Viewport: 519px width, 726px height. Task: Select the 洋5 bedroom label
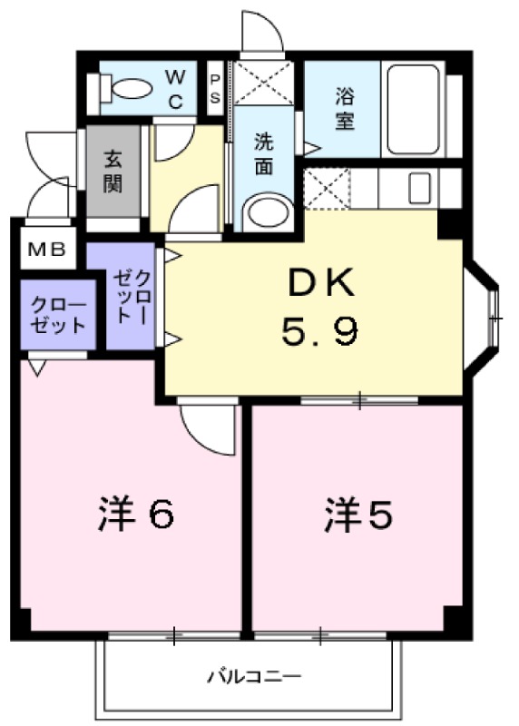[358, 515]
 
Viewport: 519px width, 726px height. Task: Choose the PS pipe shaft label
[216, 89]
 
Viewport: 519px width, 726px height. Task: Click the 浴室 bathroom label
[344, 108]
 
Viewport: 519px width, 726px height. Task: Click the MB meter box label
[45, 250]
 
